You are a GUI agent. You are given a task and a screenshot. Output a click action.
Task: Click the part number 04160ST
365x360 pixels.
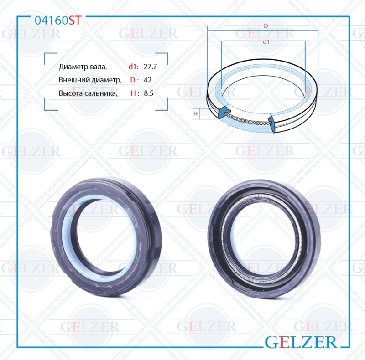click(x=58, y=21)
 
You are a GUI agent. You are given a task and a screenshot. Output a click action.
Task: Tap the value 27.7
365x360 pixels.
click(x=150, y=67)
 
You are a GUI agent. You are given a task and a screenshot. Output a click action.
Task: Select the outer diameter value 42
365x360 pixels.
click(x=147, y=80)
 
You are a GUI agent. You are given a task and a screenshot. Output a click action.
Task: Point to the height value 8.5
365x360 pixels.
click(x=149, y=93)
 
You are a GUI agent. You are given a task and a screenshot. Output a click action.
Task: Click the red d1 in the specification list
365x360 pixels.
click(x=132, y=67)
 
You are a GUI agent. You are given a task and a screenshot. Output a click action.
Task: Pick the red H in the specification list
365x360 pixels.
click(x=133, y=93)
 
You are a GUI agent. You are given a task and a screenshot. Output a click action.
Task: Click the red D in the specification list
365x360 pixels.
click(x=132, y=80)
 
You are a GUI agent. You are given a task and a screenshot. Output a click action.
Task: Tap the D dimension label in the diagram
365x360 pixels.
click(x=266, y=26)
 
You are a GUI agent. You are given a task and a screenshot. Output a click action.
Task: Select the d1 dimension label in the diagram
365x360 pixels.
click(x=266, y=42)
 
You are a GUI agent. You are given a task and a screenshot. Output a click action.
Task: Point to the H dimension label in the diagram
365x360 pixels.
click(x=196, y=114)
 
